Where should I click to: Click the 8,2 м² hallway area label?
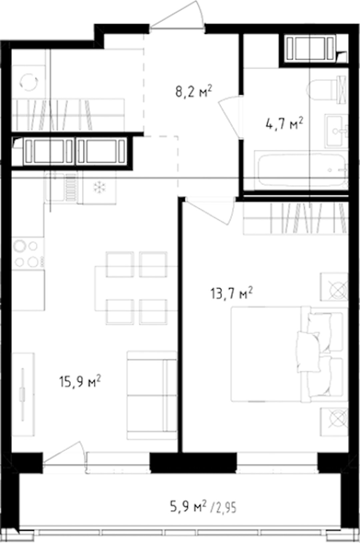194,91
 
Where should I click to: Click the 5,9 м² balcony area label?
188,506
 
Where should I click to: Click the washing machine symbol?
29,82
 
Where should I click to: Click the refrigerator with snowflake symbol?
99,187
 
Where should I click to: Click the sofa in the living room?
152,395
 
